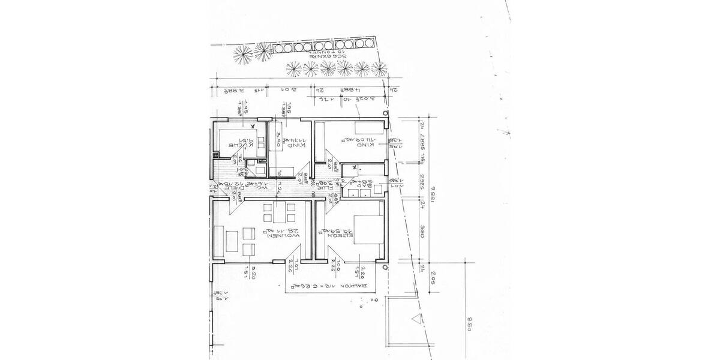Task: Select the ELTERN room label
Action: tap(337, 236)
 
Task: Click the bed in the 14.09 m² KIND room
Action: tap(368, 128)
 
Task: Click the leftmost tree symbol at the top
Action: tap(243, 55)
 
